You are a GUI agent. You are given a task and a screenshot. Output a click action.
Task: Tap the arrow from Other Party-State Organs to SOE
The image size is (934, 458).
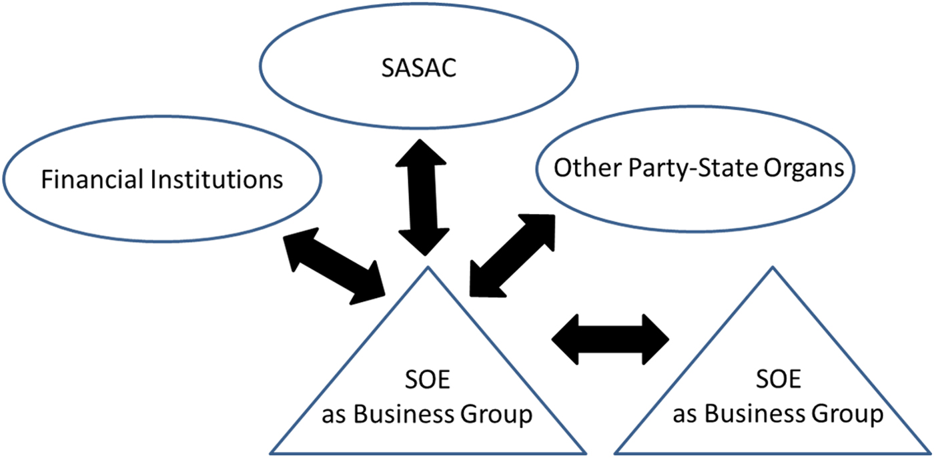click(512, 255)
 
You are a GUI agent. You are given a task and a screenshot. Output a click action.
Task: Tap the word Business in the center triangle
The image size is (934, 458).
click(400, 414)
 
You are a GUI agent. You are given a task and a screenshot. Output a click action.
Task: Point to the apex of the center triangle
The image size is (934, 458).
click(426, 267)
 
